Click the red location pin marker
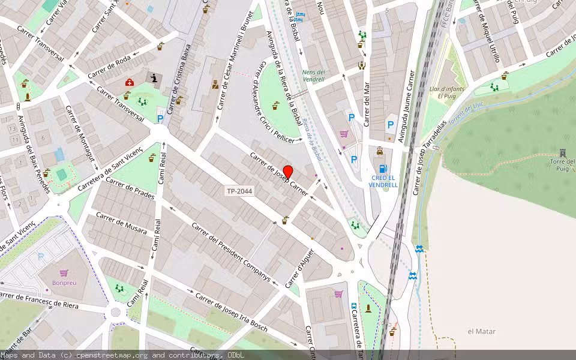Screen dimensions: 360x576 pos(288,172)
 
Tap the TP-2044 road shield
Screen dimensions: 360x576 pos(239,191)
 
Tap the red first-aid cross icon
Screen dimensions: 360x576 pos(129,82)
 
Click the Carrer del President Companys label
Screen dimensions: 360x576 pos(231,252)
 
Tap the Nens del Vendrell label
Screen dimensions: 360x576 pos(313,75)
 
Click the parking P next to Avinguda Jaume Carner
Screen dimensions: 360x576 pos(391,125)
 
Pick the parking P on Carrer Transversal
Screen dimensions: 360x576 pos(160,119)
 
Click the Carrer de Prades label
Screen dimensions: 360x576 pos(130,187)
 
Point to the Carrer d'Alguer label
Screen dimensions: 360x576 pos(300,267)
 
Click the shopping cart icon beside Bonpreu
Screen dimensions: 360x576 pos(64,273)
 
